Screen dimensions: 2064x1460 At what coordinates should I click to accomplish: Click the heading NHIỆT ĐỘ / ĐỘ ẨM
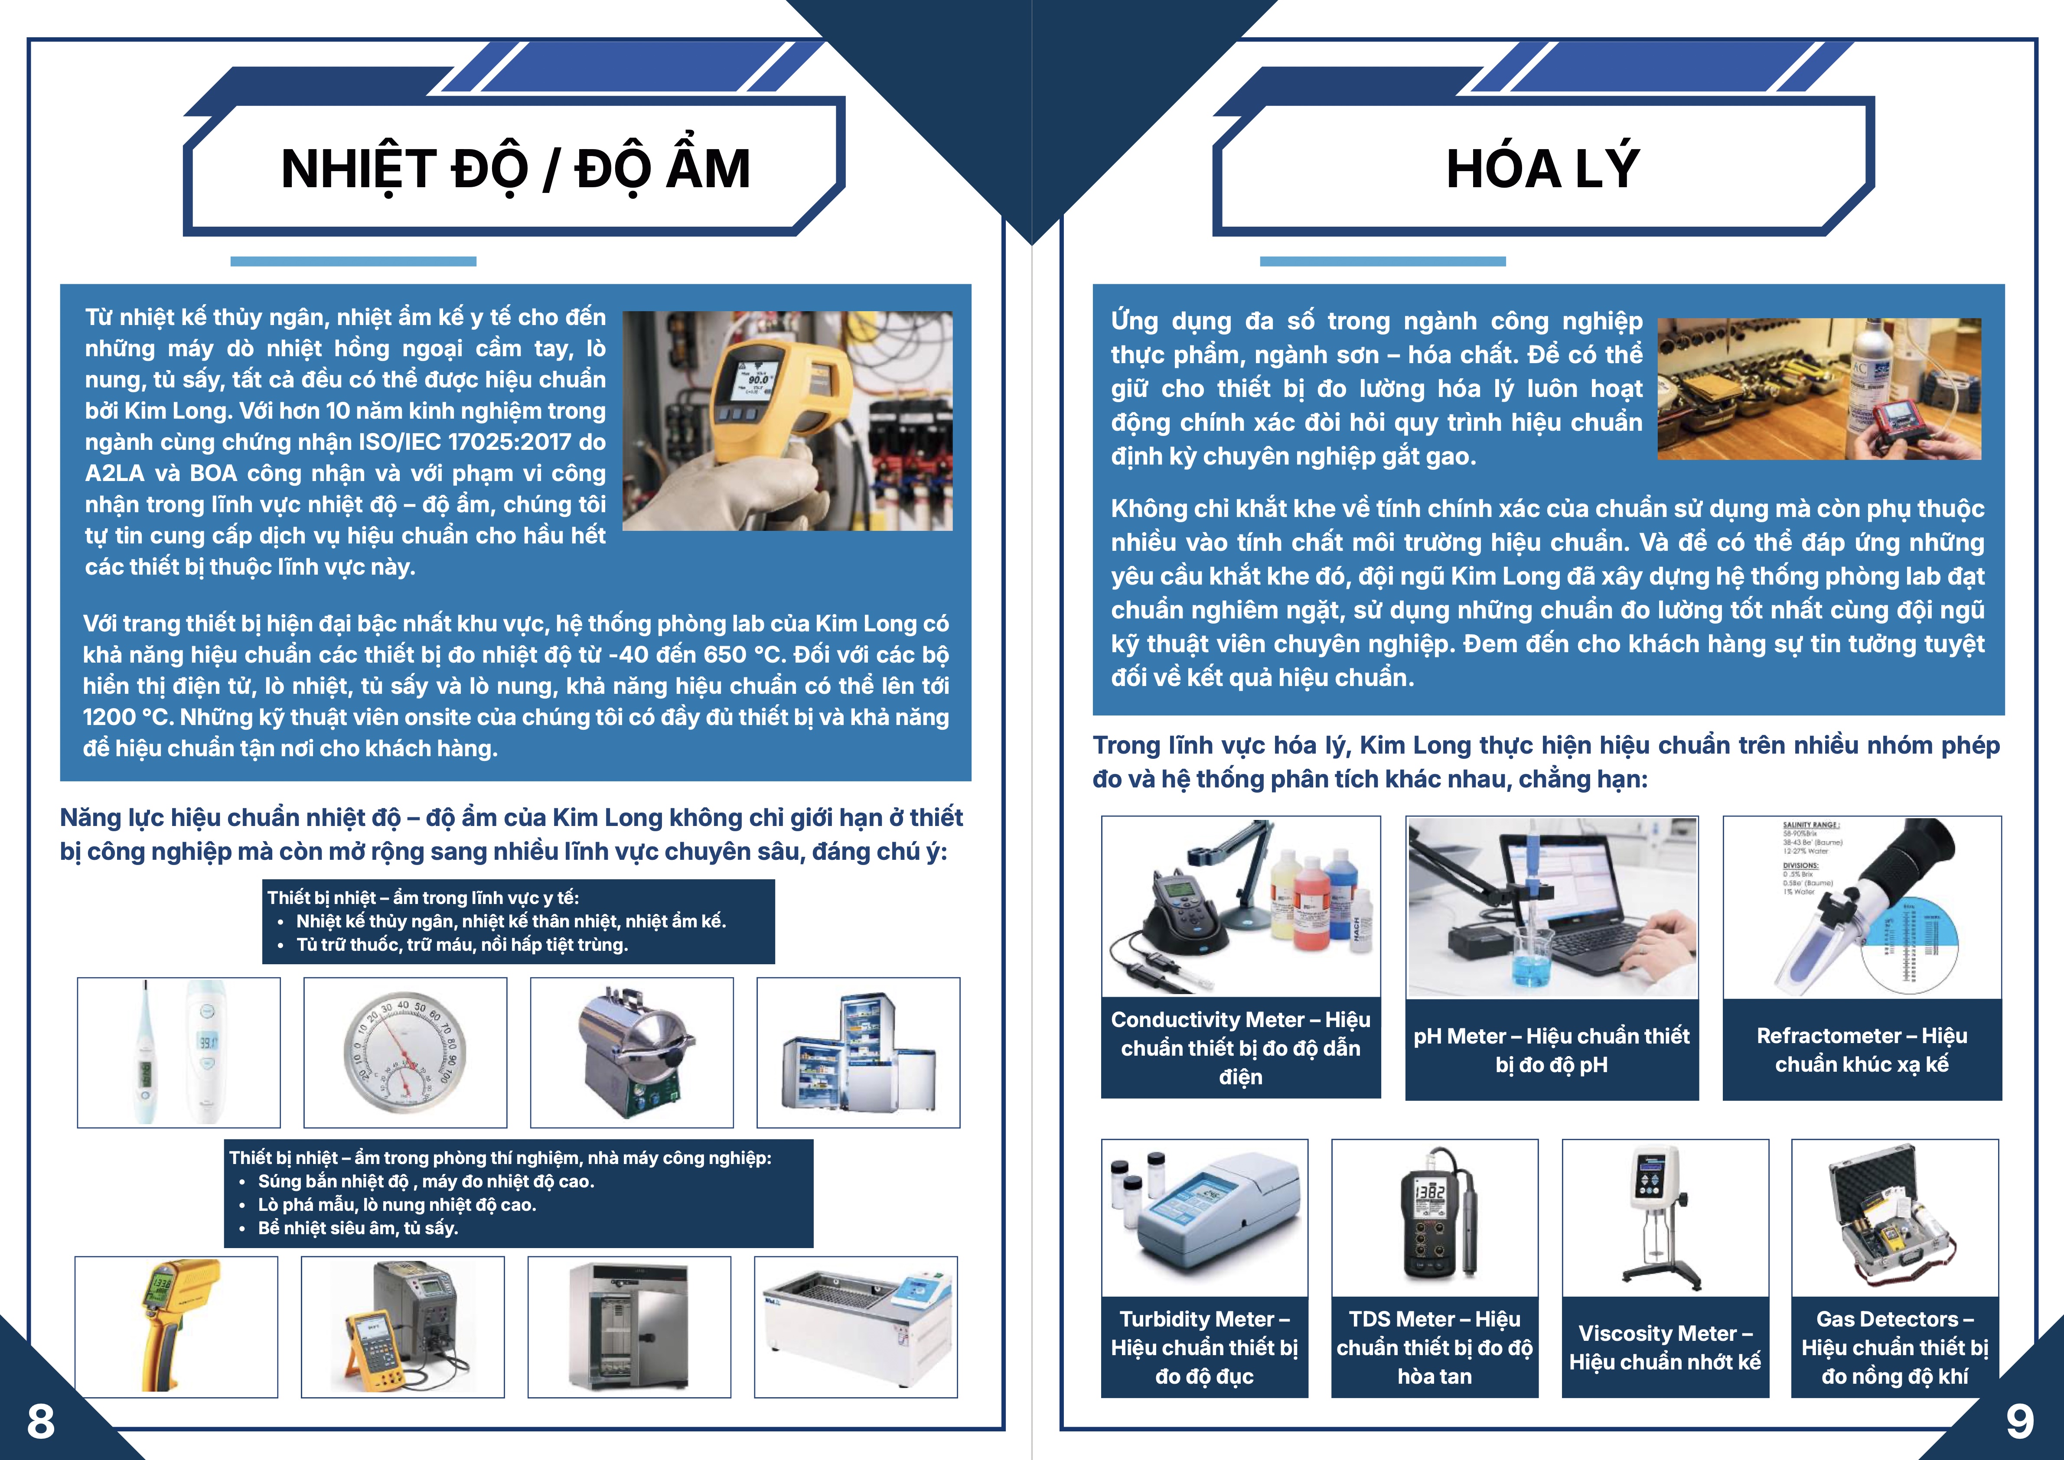click(515, 169)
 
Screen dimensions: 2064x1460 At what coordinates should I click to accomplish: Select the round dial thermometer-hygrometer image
click(405, 1052)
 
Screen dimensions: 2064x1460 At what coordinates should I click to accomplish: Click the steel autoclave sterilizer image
click(631, 1052)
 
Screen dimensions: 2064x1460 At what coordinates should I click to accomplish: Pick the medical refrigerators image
click(858, 1052)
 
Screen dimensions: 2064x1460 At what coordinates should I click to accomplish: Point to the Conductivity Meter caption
click(1240, 1047)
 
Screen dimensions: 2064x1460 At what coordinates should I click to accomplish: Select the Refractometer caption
click(1862, 1049)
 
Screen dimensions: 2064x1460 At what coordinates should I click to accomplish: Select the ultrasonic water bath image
click(855, 1327)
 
